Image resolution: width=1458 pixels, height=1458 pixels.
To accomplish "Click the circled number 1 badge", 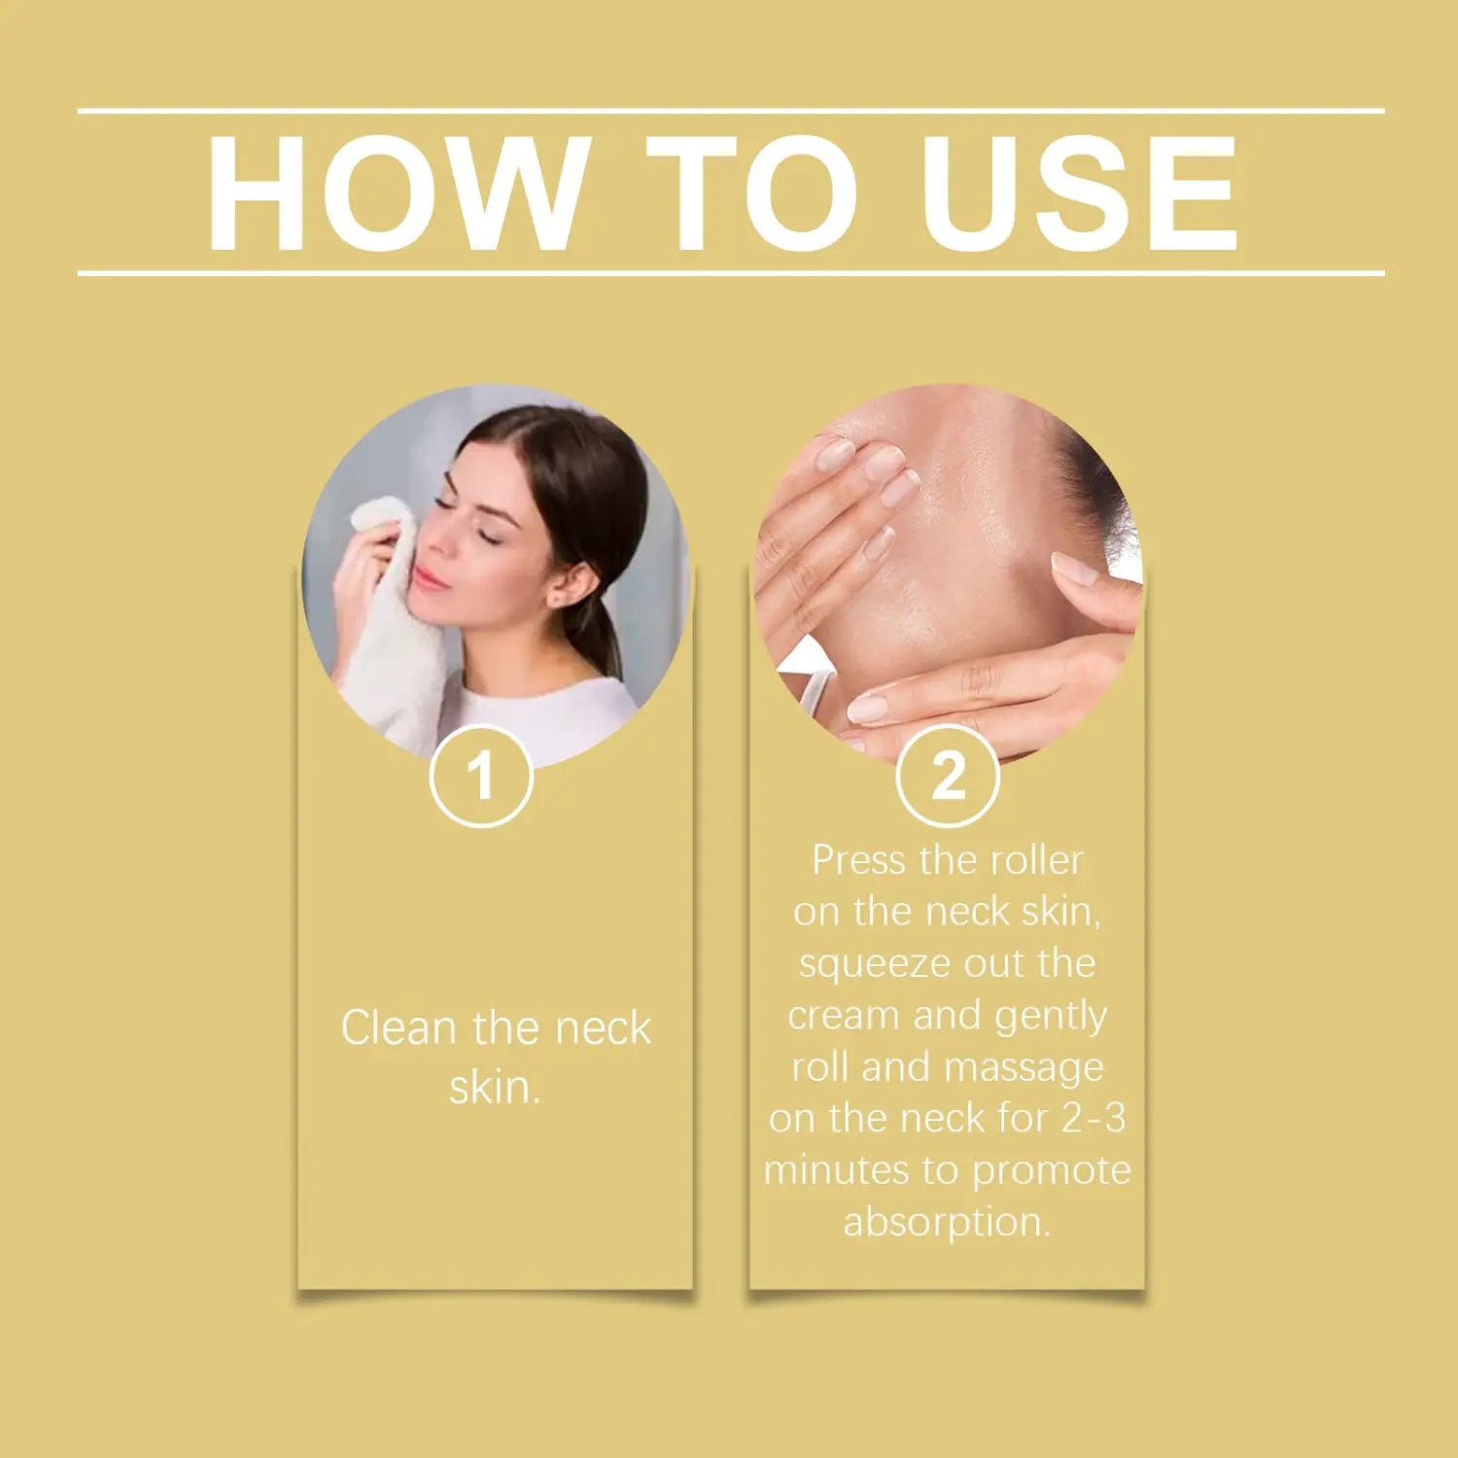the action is point(481,776).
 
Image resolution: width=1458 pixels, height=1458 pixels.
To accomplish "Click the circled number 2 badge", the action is point(948,776).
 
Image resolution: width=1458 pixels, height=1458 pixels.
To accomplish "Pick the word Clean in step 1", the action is point(399,1028).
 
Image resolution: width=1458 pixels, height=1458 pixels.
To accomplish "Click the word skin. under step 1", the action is point(495,1087).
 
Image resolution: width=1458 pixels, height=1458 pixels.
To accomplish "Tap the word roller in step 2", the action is point(1036,860).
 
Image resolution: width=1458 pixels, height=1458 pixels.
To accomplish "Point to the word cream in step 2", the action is point(844,1016).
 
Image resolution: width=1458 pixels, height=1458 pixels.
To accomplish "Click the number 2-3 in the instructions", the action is point(1093,1118).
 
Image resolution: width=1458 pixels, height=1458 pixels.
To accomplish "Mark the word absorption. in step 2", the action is point(948,1223).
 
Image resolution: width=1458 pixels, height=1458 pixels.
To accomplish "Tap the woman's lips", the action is point(428,580).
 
